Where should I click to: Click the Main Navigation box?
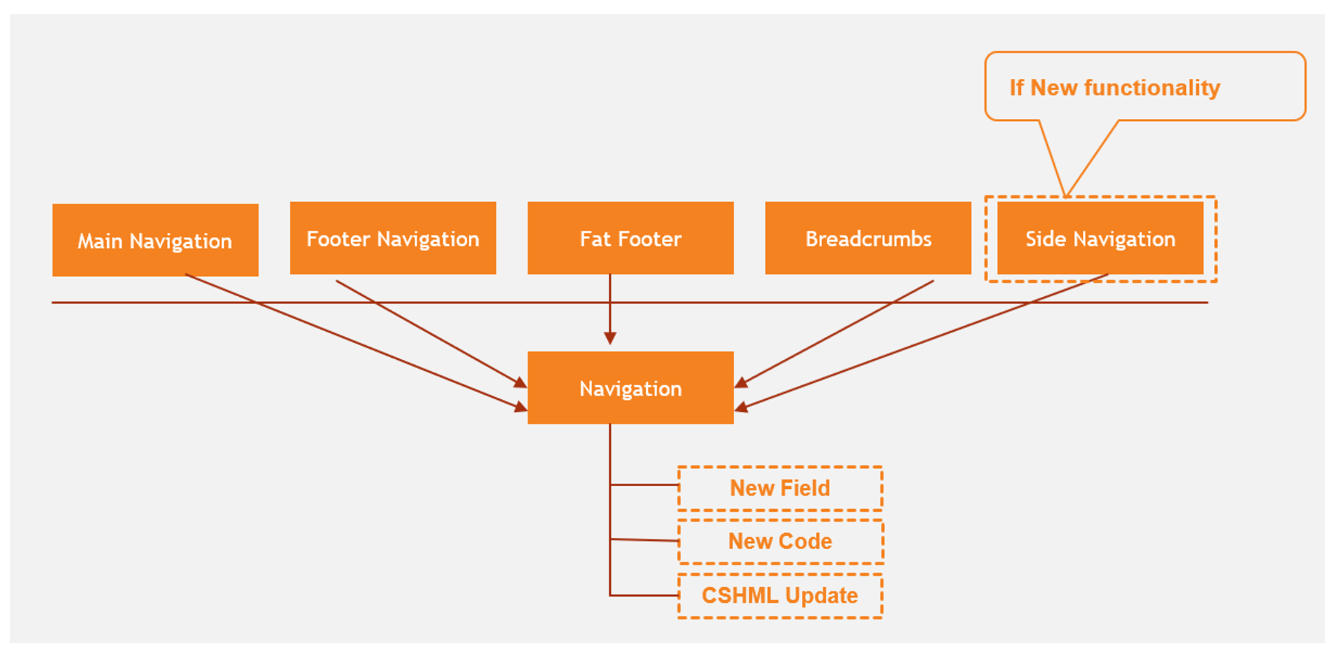[155, 240]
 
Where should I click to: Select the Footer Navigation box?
[392, 238]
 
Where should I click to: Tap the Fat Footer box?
[630, 238]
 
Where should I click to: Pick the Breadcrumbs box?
[868, 238]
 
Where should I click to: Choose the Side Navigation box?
[1100, 238]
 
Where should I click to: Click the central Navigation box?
[630, 388]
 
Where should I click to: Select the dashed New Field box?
[780, 488]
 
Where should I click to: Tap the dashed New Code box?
[780, 542]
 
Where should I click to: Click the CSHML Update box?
[780, 596]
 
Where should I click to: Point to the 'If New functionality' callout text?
[1115, 88]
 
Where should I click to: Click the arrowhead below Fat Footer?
[610, 338]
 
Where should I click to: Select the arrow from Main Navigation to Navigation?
[356, 342]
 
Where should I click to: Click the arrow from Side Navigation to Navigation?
[922, 342]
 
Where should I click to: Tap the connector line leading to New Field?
[643, 485]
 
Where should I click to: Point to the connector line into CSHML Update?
[643, 596]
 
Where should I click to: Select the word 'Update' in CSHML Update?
[821, 596]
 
